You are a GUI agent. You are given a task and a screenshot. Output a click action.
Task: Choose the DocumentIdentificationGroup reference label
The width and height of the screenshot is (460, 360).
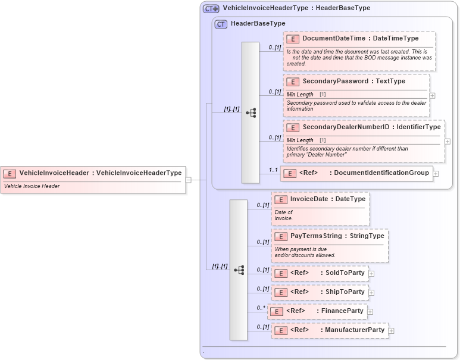tap(381, 173)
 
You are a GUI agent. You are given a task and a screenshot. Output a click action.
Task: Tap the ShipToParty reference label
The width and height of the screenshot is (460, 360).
tap(345, 292)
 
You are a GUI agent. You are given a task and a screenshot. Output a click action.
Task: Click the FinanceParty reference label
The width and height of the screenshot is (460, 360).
tap(342, 311)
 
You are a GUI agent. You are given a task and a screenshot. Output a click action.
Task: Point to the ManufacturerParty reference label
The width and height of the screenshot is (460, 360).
tap(354, 330)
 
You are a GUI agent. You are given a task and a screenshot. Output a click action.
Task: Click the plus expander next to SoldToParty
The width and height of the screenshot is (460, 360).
tap(372, 274)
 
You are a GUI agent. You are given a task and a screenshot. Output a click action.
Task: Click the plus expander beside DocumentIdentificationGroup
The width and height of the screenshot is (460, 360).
tap(436, 174)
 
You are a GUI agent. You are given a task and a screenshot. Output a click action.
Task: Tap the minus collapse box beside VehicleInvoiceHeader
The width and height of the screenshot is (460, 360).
tap(188, 179)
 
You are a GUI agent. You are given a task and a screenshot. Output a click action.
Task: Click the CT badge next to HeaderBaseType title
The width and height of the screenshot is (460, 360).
tap(221, 24)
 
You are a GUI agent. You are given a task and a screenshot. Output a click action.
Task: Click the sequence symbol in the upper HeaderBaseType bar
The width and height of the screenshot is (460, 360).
tap(251, 112)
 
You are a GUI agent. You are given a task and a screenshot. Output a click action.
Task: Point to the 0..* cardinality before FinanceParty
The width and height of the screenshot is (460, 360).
tap(260, 308)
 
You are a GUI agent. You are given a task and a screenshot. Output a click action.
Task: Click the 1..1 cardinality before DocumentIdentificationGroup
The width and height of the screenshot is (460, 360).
tap(273, 170)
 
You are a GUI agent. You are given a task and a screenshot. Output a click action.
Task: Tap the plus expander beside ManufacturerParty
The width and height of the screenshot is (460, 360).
tap(392, 330)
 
